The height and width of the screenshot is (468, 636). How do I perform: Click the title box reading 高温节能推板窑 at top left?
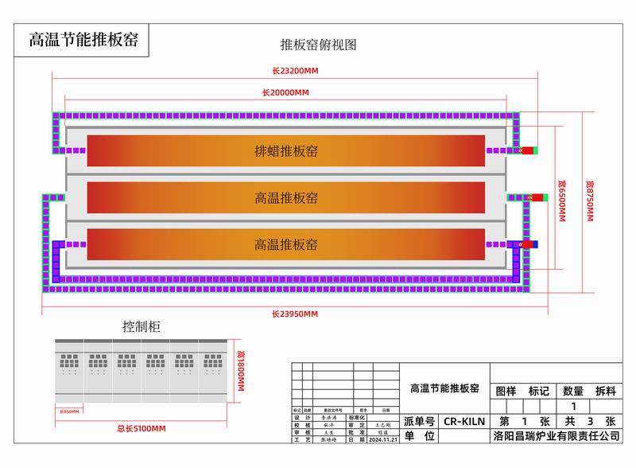[x=83, y=40]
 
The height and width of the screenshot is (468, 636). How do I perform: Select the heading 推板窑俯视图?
[x=318, y=45]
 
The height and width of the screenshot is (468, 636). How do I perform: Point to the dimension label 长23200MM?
[x=295, y=71]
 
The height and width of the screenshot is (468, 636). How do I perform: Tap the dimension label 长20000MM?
[x=285, y=92]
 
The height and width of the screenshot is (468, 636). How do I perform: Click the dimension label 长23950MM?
[x=295, y=314]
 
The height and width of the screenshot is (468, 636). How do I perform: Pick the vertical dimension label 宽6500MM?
[x=561, y=200]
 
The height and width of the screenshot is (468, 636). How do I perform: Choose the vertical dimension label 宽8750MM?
[x=589, y=200]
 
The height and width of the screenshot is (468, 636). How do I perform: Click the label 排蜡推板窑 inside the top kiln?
[x=286, y=151]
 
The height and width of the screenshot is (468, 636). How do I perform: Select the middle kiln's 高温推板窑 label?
[x=286, y=197]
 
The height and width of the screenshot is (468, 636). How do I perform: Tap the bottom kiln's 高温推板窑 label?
[x=286, y=244]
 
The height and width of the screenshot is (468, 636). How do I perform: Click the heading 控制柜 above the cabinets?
[x=142, y=326]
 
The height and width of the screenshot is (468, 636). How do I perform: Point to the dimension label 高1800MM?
[x=241, y=371]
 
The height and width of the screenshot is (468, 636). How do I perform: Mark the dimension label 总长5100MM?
[x=141, y=429]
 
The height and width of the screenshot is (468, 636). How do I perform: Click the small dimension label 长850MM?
[x=70, y=411]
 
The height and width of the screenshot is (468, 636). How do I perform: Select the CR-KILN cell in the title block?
[x=462, y=421]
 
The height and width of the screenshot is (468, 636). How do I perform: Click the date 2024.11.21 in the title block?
[x=382, y=439]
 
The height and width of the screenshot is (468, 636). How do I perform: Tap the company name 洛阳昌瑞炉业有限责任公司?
[x=556, y=436]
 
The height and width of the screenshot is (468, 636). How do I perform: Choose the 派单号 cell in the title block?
[x=420, y=421]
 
